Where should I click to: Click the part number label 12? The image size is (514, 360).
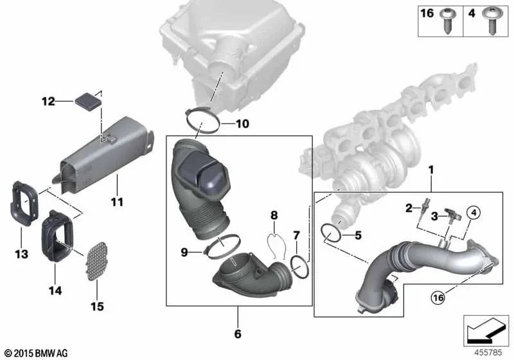coord(48,101)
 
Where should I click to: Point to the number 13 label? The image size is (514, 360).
coord(21,255)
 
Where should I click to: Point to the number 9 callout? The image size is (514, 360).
coord(184,253)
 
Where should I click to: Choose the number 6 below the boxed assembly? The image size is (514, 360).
coord(237,334)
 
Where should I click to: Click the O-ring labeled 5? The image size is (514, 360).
coord(332,234)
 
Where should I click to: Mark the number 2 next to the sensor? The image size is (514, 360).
coord(408,206)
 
